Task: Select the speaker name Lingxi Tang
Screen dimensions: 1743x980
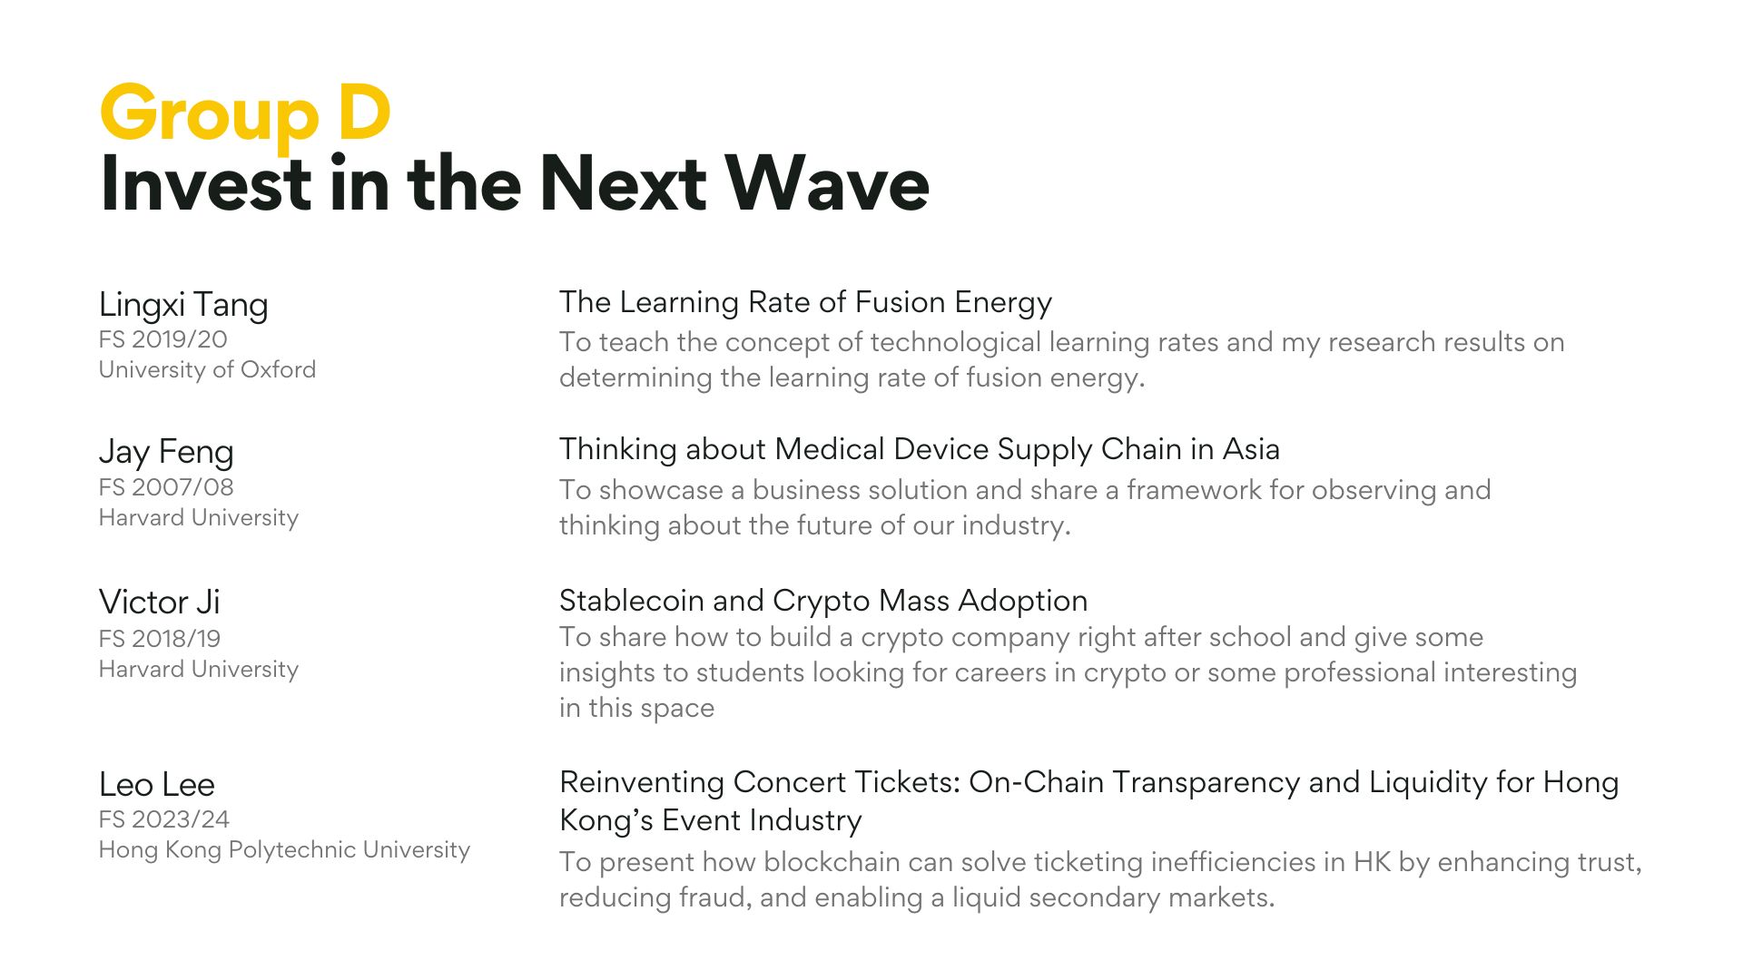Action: click(183, 305)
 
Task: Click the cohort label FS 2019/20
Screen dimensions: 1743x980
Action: click(163, 339)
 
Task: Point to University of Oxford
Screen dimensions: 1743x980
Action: click(207, 370)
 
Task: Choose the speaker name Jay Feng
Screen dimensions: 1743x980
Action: click(166, 452)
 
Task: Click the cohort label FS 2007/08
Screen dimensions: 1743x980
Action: click(166, 487)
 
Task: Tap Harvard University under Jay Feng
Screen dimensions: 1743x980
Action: click(199, 518)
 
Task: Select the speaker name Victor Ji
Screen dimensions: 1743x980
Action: click(159, 602)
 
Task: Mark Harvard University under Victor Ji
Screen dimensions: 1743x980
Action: click(199, 670)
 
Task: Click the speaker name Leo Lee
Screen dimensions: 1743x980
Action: click(157, 784)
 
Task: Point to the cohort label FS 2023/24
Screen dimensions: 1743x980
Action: click(164, 819)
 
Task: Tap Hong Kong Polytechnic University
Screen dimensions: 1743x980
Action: click(284, 850)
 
